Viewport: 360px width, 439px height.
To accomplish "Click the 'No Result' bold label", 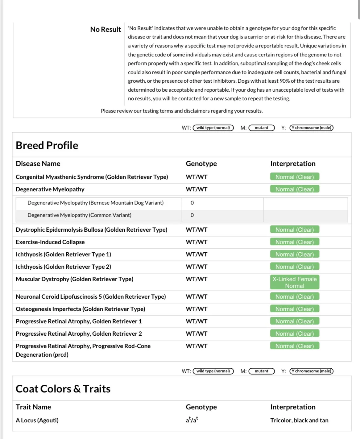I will click(x=106, y=29).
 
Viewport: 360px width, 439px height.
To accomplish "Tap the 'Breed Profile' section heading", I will click(x=47, y=145).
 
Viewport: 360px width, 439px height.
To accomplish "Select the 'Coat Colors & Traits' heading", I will click(x=63, y=389).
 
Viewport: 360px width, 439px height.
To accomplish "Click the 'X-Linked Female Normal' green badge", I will click(x=295, y=282).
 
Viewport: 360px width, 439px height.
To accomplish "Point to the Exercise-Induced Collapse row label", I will click(x=50, y=242).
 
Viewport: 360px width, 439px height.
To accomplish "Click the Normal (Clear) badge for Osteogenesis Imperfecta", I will click(x=295, y=309).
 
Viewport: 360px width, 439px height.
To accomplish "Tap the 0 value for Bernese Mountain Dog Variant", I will click(x=192, y=203).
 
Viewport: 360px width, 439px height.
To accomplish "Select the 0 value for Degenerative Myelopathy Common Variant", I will click(x=192, y=215).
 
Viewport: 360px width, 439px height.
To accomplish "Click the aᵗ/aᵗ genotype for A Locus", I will click(x=192, y=420).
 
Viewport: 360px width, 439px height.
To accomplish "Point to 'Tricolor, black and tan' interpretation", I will click(x=299, y=420).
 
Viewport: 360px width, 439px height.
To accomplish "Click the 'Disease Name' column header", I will click(x=38, y=164).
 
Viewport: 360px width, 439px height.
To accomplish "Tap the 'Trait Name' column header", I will click(x=33, y=407).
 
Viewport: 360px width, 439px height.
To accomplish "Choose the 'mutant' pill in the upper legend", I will click(x=262, y=128).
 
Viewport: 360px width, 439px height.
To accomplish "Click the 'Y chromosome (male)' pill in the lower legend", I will click(x=312, y=371).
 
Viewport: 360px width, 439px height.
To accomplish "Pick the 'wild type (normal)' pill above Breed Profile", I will click(x=213, y=128).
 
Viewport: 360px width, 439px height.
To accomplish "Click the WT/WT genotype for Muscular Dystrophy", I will click(x=197, y=279).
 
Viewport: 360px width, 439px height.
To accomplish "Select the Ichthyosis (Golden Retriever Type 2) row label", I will click(x=63, y=267).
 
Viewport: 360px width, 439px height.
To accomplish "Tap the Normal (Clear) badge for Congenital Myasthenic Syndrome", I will click(x=295, y=177).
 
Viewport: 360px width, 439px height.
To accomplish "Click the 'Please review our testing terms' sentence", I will click(x=182, y=111).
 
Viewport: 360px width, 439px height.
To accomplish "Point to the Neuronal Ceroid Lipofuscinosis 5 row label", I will click(x=91, y=297).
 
